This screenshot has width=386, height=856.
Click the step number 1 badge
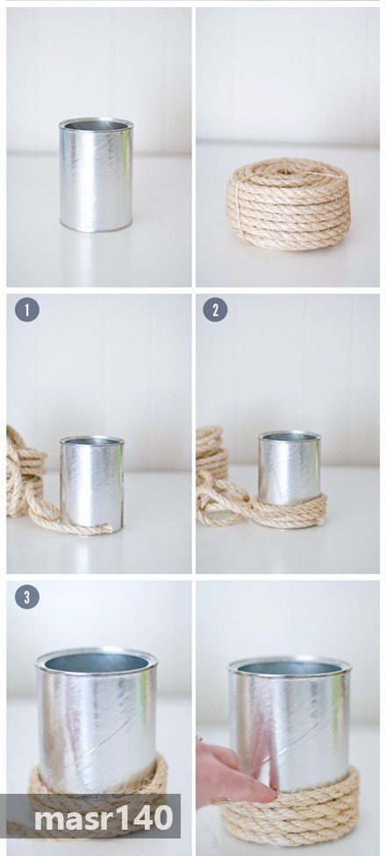[27, 310]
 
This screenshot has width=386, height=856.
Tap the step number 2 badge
[215, 310]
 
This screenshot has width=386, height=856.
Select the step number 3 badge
[27, 597]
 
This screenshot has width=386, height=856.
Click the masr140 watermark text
[104, 818]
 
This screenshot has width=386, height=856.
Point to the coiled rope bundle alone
[288, 203]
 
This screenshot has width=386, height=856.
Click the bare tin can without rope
[96, 174]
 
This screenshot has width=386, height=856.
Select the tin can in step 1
[92, 485]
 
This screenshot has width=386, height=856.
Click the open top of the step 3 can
[96, 662]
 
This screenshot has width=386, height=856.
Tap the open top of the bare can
[96, 125]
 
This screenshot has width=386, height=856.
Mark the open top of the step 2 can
[289, 436]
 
